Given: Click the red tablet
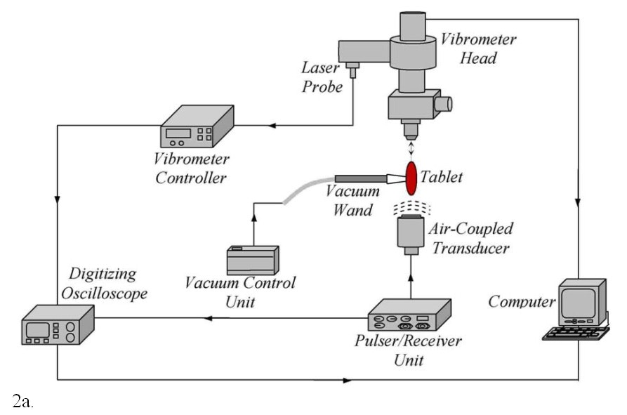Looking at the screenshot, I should tap(411, 178).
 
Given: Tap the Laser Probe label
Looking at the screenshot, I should tap(322, 77).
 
